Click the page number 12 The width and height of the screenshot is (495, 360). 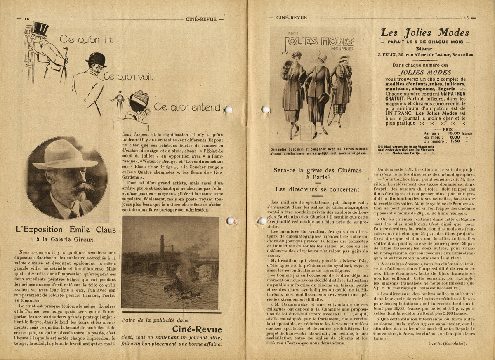pos(27,19)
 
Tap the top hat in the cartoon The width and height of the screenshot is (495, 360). pos(40,28)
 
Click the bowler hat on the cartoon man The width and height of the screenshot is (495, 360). pos(96,58)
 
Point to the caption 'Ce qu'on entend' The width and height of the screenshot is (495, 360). pos(187,107)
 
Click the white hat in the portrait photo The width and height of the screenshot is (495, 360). pos(65,155)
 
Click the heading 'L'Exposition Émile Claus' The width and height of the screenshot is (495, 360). pos(66,229)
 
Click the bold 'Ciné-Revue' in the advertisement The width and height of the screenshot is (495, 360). pos(197,329)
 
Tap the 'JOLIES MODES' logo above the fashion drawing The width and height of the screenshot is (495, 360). pos(318,42)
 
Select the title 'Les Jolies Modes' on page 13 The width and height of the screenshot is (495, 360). pos(424,33)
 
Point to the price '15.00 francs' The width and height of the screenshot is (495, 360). pos(460,133)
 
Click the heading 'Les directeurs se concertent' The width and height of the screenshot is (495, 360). pos(317,190)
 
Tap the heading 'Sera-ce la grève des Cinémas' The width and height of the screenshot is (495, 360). pos(317,170)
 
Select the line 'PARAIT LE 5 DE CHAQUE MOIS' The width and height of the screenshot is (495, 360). pos(424,42)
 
